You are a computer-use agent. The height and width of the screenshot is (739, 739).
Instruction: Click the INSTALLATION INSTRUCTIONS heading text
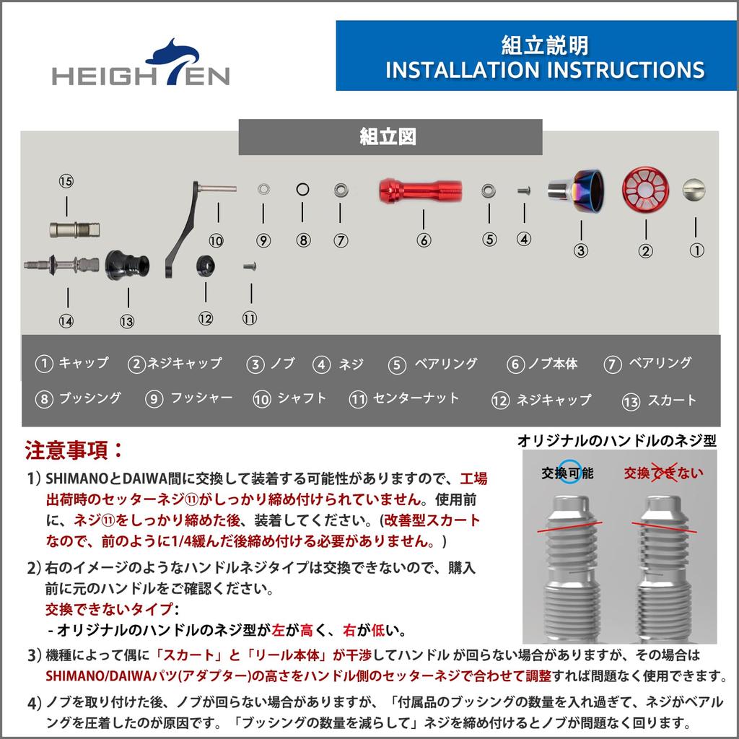(x=545, y=70)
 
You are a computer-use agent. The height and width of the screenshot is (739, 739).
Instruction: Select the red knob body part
(x=421, y=191)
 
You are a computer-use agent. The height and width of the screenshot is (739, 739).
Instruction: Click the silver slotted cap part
(x=694, y=190)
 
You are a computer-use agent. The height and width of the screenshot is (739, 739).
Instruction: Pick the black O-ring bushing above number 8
(x=303, y=190)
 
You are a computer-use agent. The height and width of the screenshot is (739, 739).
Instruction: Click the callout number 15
(x=66, y=181)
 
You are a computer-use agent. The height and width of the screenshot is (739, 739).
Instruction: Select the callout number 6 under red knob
(x=424, y=240)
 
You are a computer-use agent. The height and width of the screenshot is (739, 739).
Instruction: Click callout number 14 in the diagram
(x=66, y=321)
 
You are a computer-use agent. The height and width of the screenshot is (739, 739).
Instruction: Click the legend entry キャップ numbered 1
(x=72, y=364)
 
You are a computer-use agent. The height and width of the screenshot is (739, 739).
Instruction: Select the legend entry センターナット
(x=405, y=398)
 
